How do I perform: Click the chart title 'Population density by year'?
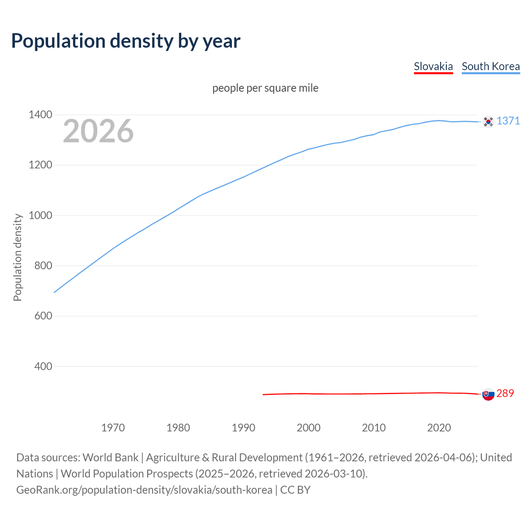(x=126, y=41)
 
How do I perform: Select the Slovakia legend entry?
(x=433, y=66)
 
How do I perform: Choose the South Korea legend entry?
(x=490, y=66)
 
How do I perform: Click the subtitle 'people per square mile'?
(x=265, y=88)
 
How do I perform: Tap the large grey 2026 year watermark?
(x=98, y=131)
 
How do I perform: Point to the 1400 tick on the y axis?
(x=40, y=115)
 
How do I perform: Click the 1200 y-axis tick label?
(x=40, y=165)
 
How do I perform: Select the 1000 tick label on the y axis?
(x=40, y=215)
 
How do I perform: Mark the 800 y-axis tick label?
(x=43, y=265)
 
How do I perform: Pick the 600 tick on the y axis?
(x=43, y=316)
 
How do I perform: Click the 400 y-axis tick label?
(x=43, y=366)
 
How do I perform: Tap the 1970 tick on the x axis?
(x=113, y=428)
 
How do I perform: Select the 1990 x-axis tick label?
(x=244, y=428)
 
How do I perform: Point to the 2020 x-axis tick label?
(x=439, y=428)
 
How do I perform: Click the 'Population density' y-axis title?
(x=17, y=257)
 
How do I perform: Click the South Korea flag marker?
(x=488, y=122)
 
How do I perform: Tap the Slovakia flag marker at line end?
(x=488, y=394)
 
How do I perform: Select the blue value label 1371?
(x=508, y=121)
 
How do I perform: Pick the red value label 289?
(x=505, y=393)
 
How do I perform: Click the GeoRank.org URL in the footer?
(x=144, y=490)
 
